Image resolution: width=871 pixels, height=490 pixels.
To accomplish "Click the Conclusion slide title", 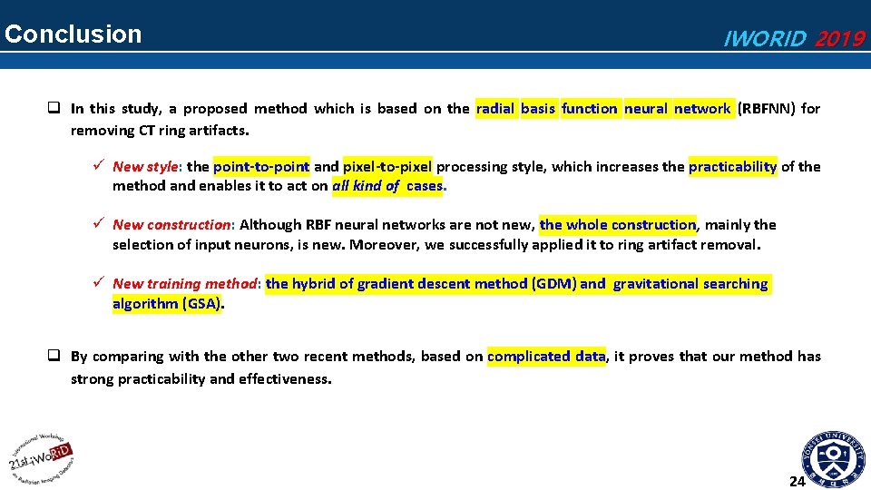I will coord(73,34).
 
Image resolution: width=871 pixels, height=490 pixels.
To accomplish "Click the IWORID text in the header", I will coord(763,39).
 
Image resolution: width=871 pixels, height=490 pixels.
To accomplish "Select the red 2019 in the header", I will coord(839,39).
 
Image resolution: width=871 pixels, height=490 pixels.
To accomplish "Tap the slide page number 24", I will coord(798,481).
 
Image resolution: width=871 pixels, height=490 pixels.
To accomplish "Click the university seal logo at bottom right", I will coord(833,458).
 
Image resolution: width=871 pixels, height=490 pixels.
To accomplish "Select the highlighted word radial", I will coord(495,109).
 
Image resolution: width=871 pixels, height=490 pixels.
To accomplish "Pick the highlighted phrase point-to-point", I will coord(261,167).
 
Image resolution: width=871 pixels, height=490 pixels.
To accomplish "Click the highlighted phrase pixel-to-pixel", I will coord(387,167).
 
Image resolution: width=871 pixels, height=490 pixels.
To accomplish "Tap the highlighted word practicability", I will coord(732,167).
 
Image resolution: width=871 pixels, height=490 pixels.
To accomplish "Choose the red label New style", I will coord(146,167).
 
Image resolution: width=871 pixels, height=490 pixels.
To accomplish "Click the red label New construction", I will coord(171,225).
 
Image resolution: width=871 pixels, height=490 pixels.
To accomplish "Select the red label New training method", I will coord(186,284).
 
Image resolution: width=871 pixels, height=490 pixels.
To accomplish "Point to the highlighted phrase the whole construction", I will coord(618,225).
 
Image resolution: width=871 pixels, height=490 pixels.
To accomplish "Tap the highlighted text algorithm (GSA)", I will coord(166,304).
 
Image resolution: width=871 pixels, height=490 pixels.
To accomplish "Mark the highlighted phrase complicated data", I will coord(546,357).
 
